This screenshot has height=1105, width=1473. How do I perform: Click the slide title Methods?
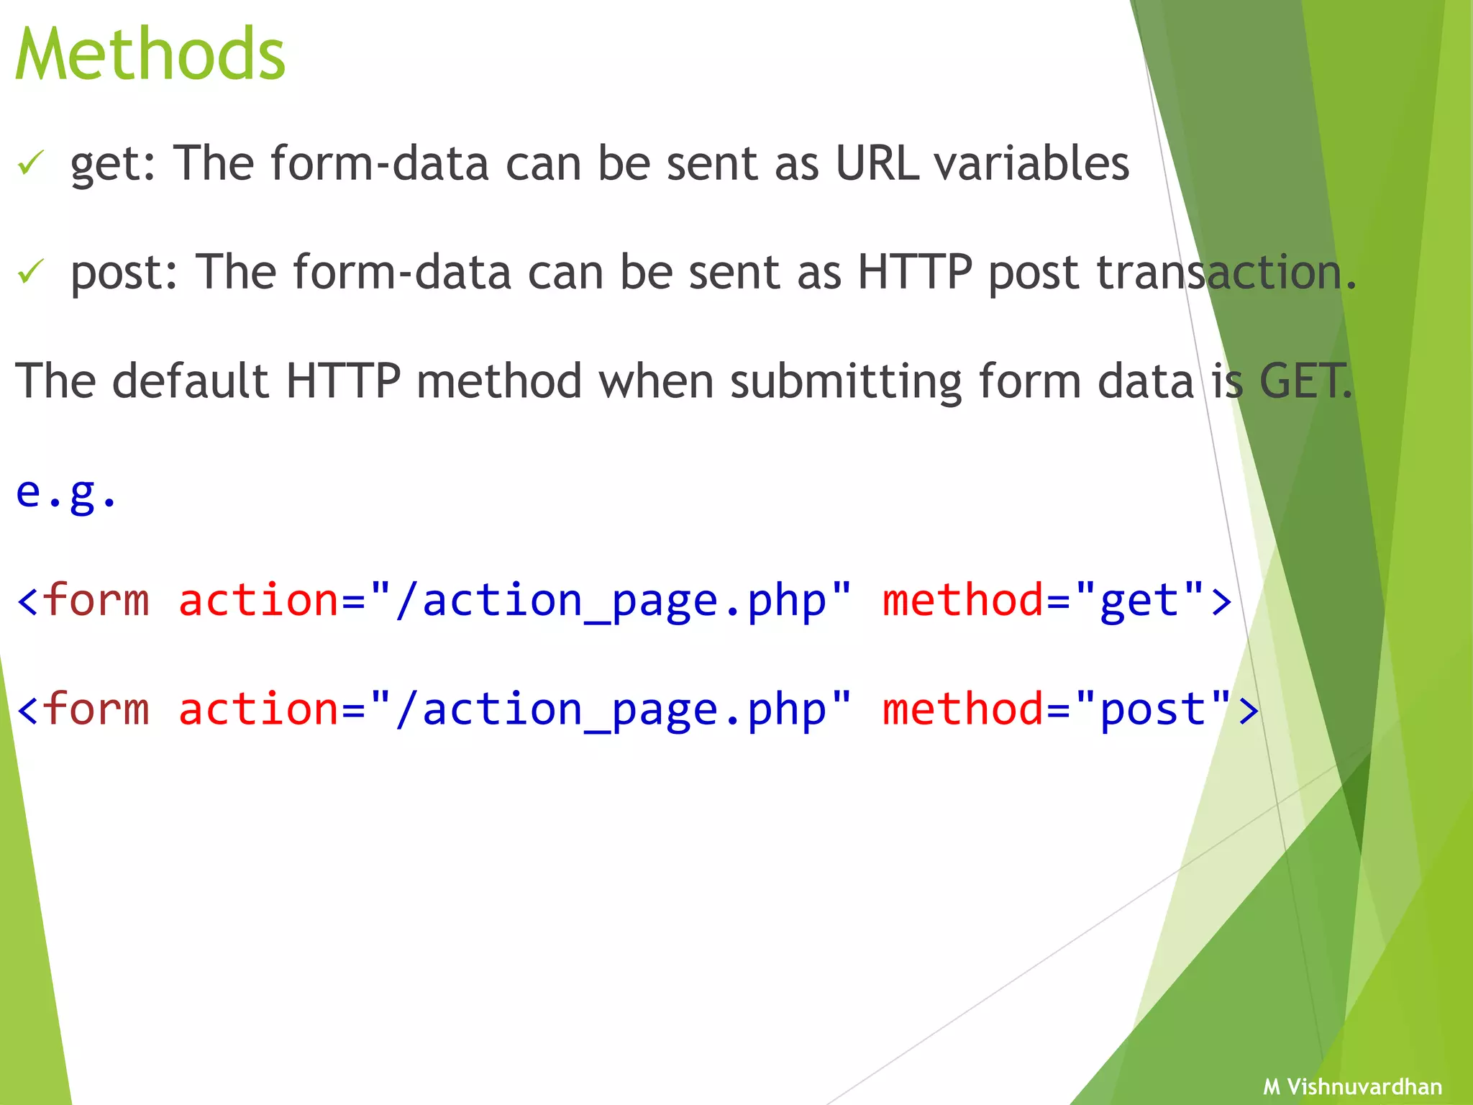(150, 55)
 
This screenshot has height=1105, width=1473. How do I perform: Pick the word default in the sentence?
(191, 381)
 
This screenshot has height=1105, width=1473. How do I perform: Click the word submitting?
(846, 382)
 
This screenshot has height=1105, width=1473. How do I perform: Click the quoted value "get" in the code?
(1140, 600)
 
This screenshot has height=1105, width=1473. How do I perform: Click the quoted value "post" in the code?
(1154, 709)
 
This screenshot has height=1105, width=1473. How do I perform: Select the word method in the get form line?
(962, 600)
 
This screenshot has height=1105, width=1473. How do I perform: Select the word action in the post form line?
(258, 709)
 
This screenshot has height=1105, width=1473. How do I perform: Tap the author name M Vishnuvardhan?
(1352, 1086)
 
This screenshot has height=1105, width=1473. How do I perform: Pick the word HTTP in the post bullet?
(914, 273)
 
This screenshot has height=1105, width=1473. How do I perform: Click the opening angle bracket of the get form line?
(27, 601)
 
